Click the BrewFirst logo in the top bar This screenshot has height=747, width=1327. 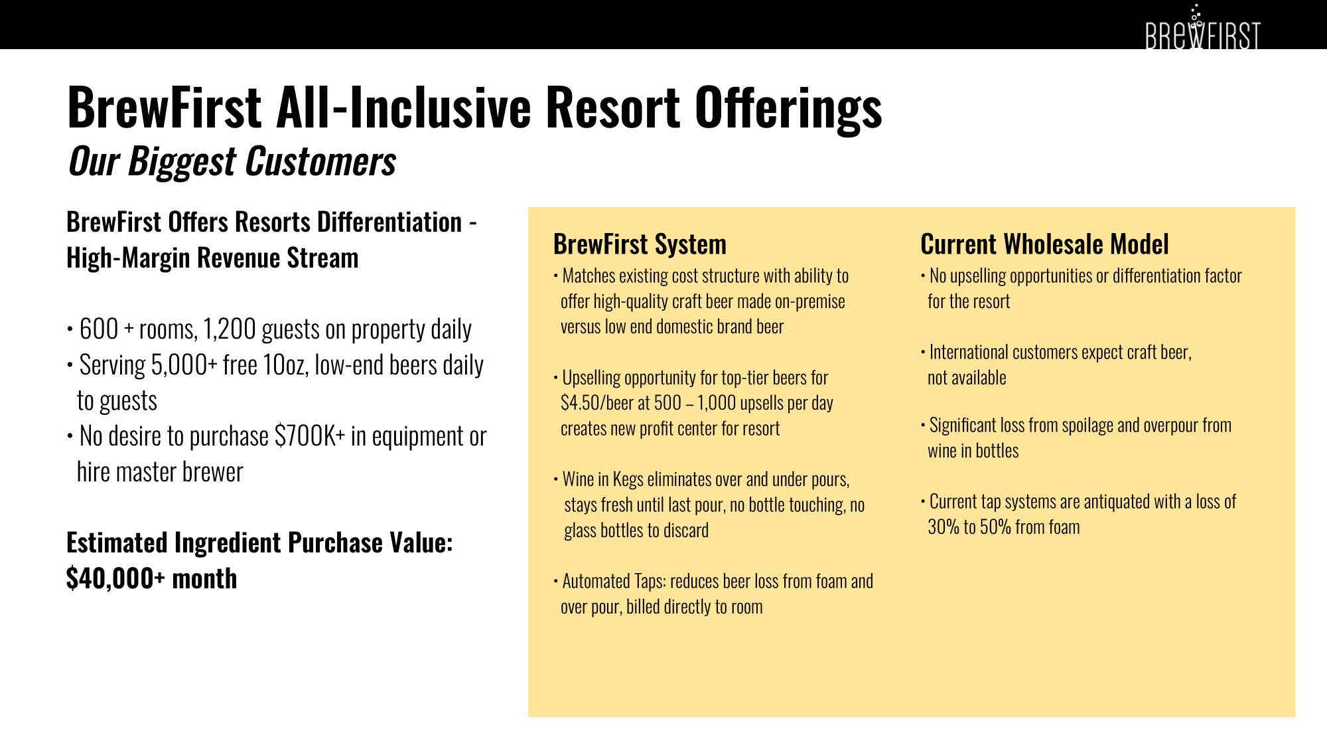coord(1202,28)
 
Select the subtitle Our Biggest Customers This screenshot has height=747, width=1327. coord(232,161)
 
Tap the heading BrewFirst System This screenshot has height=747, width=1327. coord(640,244)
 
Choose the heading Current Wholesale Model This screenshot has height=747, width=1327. coord(1044,244)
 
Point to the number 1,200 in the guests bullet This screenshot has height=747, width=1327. coord(230,329)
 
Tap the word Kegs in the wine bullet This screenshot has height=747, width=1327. coord(628,479)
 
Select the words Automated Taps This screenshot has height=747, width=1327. coord(613,581)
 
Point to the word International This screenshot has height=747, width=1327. coord(969,352)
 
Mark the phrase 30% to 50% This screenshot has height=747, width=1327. coord(969,527)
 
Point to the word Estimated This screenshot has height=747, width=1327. coord(117,543)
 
